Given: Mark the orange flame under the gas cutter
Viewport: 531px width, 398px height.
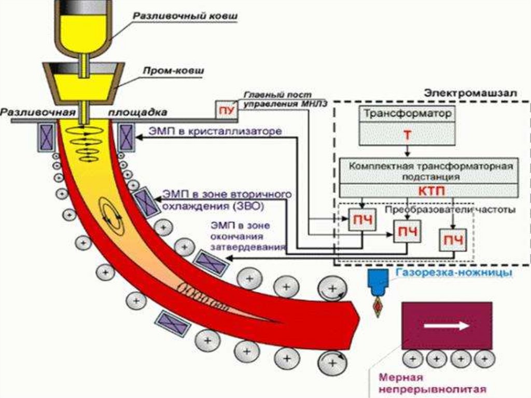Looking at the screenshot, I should pyautogui.click(x=378, y=307).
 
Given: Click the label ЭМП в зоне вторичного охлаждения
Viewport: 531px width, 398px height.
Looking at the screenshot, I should pyautogui.click(x=225, y=200).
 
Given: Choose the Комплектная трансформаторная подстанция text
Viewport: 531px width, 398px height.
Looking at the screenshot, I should pyautogui.click(x=430, y=171).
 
